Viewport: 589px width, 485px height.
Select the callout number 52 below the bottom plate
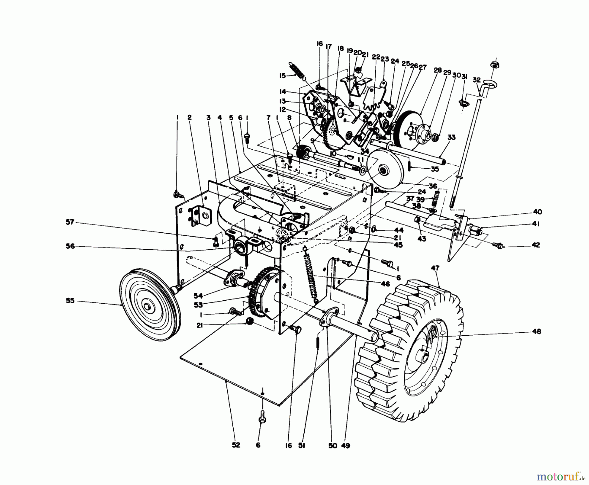click(236, 445)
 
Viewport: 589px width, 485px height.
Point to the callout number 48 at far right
click(537, 331)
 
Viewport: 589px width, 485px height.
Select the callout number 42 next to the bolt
click(536, 245)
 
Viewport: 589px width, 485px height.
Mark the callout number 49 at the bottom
click(345, 445)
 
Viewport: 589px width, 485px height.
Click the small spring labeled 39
click(436, 198)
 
